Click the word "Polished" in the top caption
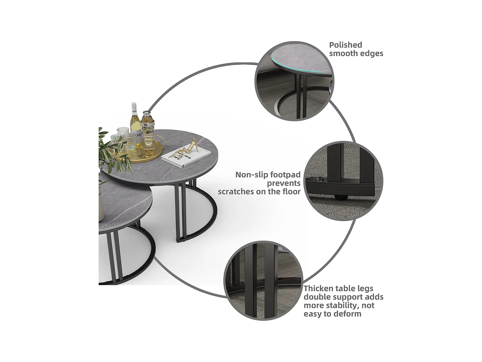click(346, 45)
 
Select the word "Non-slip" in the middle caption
click(252, 175)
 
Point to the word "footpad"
click(285, 175)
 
